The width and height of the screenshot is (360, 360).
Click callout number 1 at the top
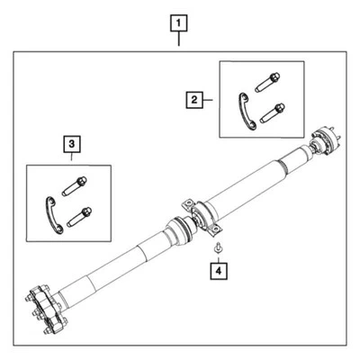(x=180, y=21)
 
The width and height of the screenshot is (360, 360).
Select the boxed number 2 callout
(x=193, y=102)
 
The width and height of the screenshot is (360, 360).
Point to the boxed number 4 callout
(x=218, y=268)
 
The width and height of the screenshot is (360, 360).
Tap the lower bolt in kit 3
(x=77, y=217)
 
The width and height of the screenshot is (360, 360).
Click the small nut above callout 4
(x=218, y=247)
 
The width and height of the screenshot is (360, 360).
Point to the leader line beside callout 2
(x=211, y=102)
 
